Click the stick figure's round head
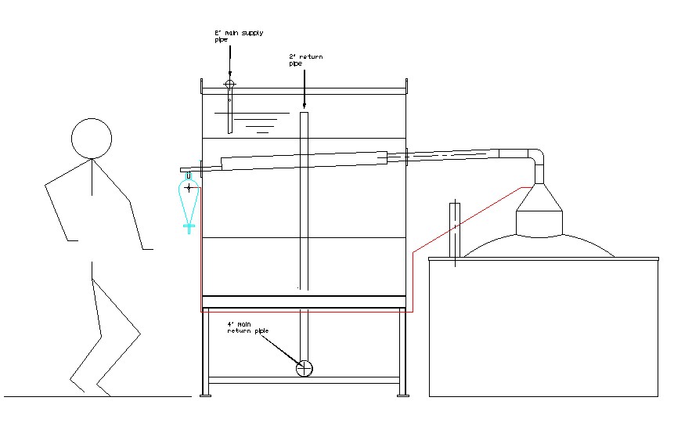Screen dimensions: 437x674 click(x=92, y=139)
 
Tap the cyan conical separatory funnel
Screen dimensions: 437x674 click(x=189, y=200)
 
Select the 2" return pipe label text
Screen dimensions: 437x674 click(x=305, y=60)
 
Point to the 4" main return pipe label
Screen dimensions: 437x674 click(x=247, y=327)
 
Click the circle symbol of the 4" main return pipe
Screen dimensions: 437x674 click(x=305, y=368)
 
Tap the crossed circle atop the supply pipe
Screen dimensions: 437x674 click(x=229, y=84)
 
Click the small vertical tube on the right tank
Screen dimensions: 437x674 click(x=453, y=231)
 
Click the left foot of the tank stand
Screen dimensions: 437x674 click(x=206, y=394)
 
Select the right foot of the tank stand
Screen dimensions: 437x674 click(x=404, y=394)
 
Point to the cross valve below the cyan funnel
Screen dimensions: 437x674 click(x=189, y=227)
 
